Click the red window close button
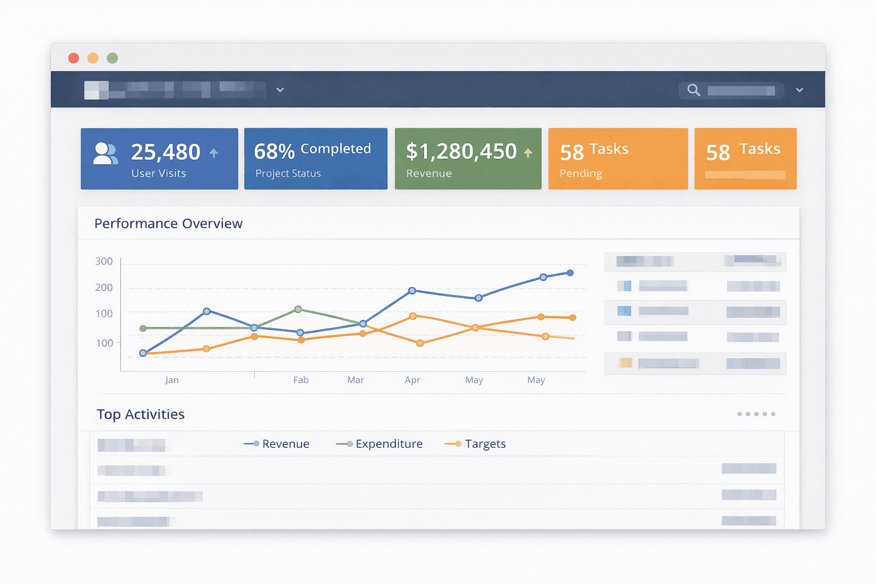(x=74, y=58)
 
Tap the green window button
(x=112, y=58)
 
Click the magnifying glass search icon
(x=693, y=90)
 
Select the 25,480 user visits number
(x=165, y=152)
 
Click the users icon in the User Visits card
(x=106, y=153)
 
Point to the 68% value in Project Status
(x=274, y=152)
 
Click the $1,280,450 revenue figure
(x=461, y=152)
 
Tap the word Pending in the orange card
(x=581, y=173)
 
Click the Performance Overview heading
(x=168, y=224)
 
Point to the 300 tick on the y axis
(x=104, y=261)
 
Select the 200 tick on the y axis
(x=104, y=287)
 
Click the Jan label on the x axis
(x=172, y=380)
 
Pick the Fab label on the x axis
(x=301, y=380)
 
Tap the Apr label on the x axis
(x=412, y=380)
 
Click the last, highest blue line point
(x=570, y=273)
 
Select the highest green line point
(x=298, y=309)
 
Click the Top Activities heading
(x=140, y=414)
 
